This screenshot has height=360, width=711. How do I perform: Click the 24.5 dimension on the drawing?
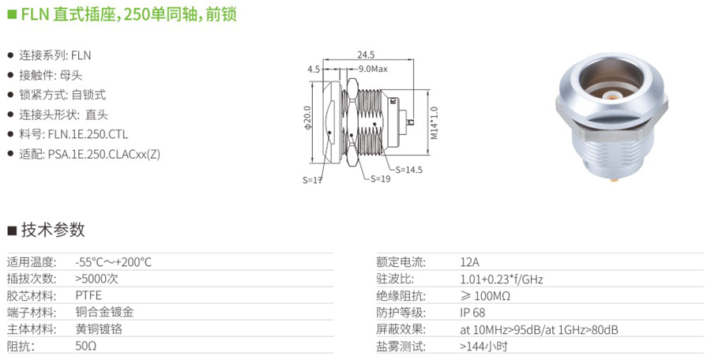pyautogui.click(x=366, y=54)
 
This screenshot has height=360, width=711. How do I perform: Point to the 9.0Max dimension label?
pyautogui.click(x=373, y=69)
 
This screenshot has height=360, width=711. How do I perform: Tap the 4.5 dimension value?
pyautogui.click(x=314, y=69)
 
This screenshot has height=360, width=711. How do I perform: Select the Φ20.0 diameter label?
pyautogui.click(x=308, y=118)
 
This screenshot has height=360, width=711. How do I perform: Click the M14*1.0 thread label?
pyautogui.click(x=434, y=123)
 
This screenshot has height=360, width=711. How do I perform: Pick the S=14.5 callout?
pyautogui.click(x=409, y=170)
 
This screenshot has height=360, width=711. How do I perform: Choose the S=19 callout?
pyautogui.click(x=381, y=178)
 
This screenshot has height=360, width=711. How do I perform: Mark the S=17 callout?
pyautogui.click(x=312, y=180)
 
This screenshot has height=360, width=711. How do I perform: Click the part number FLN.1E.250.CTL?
pyautogui.click(x=88, y=134)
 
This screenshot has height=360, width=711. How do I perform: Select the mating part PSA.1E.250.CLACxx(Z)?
pyautogui.click(x=103, y=154)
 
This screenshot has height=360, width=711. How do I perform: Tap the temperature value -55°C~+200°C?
pyautogui.click(x=113, y=262)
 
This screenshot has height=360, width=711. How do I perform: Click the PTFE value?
pyautogui.click(x=88, y=295)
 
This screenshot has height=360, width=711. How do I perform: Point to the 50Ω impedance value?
pyautogui.click(x=86, y=346)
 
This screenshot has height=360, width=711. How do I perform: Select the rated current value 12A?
pyautogui.click(x=469, y=262)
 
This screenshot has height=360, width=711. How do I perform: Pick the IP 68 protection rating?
pyautogui.click(x=472, y=313)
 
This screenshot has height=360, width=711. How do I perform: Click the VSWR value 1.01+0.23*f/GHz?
pyautogui.click(x=502, y=279)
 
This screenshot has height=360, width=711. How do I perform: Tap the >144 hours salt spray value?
pyautogui.click(x=483, y=347)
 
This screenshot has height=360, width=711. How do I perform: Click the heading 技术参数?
pyautogui.click(x=53, y=230)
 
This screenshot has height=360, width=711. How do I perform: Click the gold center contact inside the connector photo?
pyautogui.click(x=611, y=96)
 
